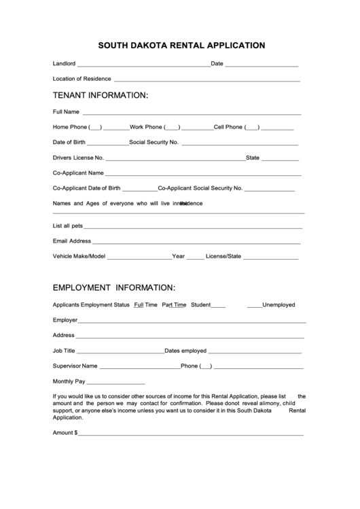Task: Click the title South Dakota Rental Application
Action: [181, 46]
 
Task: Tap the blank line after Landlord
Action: [143, 65]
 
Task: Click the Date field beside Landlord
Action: [261, 65]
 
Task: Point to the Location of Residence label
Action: [82, 79]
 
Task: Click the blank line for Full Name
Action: [192, 113]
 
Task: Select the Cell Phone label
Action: [228, 127]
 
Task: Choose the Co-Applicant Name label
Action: [78, 173]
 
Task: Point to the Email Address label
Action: [71, 241]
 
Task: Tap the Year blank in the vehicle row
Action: [195, 258]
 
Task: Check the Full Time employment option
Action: [145, 305]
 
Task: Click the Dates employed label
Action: [185, 351]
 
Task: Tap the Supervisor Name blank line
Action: [139, 367]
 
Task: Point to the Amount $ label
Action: [65, 432]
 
